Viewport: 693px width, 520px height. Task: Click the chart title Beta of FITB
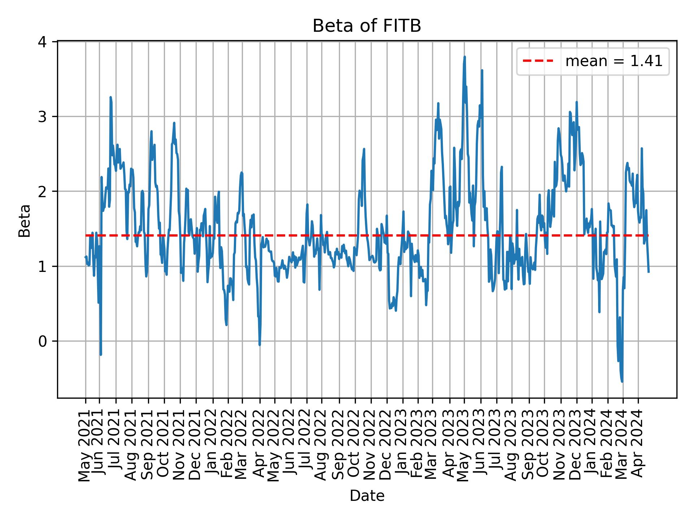[367, 26]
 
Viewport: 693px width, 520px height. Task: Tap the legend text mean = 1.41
[614, 61]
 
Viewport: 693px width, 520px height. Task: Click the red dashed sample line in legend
[538, 61]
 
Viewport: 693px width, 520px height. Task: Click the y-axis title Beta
[25, 221]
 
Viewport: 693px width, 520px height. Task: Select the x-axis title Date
[367, 496]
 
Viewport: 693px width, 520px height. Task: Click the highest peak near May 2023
[465, 57]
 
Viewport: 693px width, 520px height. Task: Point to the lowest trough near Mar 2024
[622, 381]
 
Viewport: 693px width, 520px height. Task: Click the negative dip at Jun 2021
[101, 354]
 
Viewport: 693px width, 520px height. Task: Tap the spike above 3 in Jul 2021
[110, 97]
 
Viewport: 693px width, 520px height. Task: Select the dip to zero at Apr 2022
[260, 344]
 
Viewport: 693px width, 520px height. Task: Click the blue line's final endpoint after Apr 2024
[649, 272]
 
